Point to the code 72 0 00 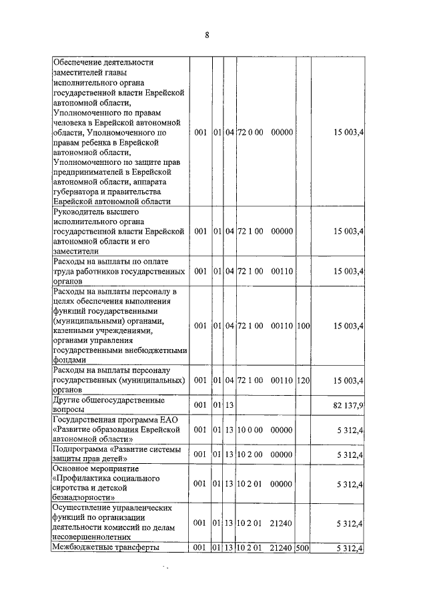coord(250,132)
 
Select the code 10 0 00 coord(250,429)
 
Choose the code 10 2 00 coord(250,455)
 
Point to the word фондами coord(69,358)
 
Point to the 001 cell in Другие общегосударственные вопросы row coord(200,404)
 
